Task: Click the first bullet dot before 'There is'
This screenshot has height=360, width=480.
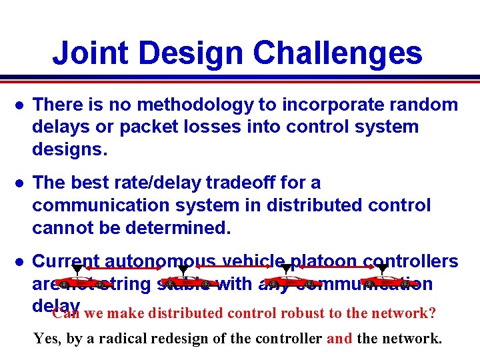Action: (x=20, y=105)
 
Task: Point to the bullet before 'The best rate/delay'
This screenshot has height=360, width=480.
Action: (x=20, y=183)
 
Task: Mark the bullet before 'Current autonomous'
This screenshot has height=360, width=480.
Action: (x=20, y=261)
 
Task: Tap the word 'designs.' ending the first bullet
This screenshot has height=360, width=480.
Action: (x=69, y=150)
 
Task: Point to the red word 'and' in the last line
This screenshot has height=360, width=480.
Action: (x=340, y=339)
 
